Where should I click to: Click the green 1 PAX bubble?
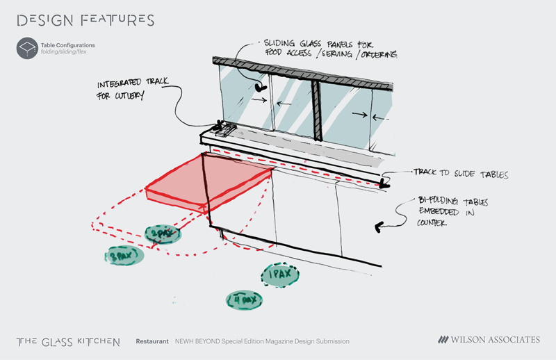click(x=281, y=276)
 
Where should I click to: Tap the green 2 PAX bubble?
click(x=162, y=235)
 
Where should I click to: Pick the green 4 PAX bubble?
click(x=245, y=300)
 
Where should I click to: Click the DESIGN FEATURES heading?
click(x=85, y=20)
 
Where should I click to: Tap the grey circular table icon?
click(x=26, y=48)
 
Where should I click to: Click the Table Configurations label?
click(x=67, y=44)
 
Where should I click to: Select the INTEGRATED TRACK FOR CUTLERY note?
click(x=131, y=90)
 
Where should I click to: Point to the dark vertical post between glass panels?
click(x=318, y=109)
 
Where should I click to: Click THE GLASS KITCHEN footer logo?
click(x=68, y=341)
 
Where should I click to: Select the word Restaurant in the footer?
click(x=152, y=341)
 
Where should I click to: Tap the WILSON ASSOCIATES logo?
click(x=489, y=340)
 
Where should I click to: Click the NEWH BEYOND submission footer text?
click(x=262, y=341)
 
